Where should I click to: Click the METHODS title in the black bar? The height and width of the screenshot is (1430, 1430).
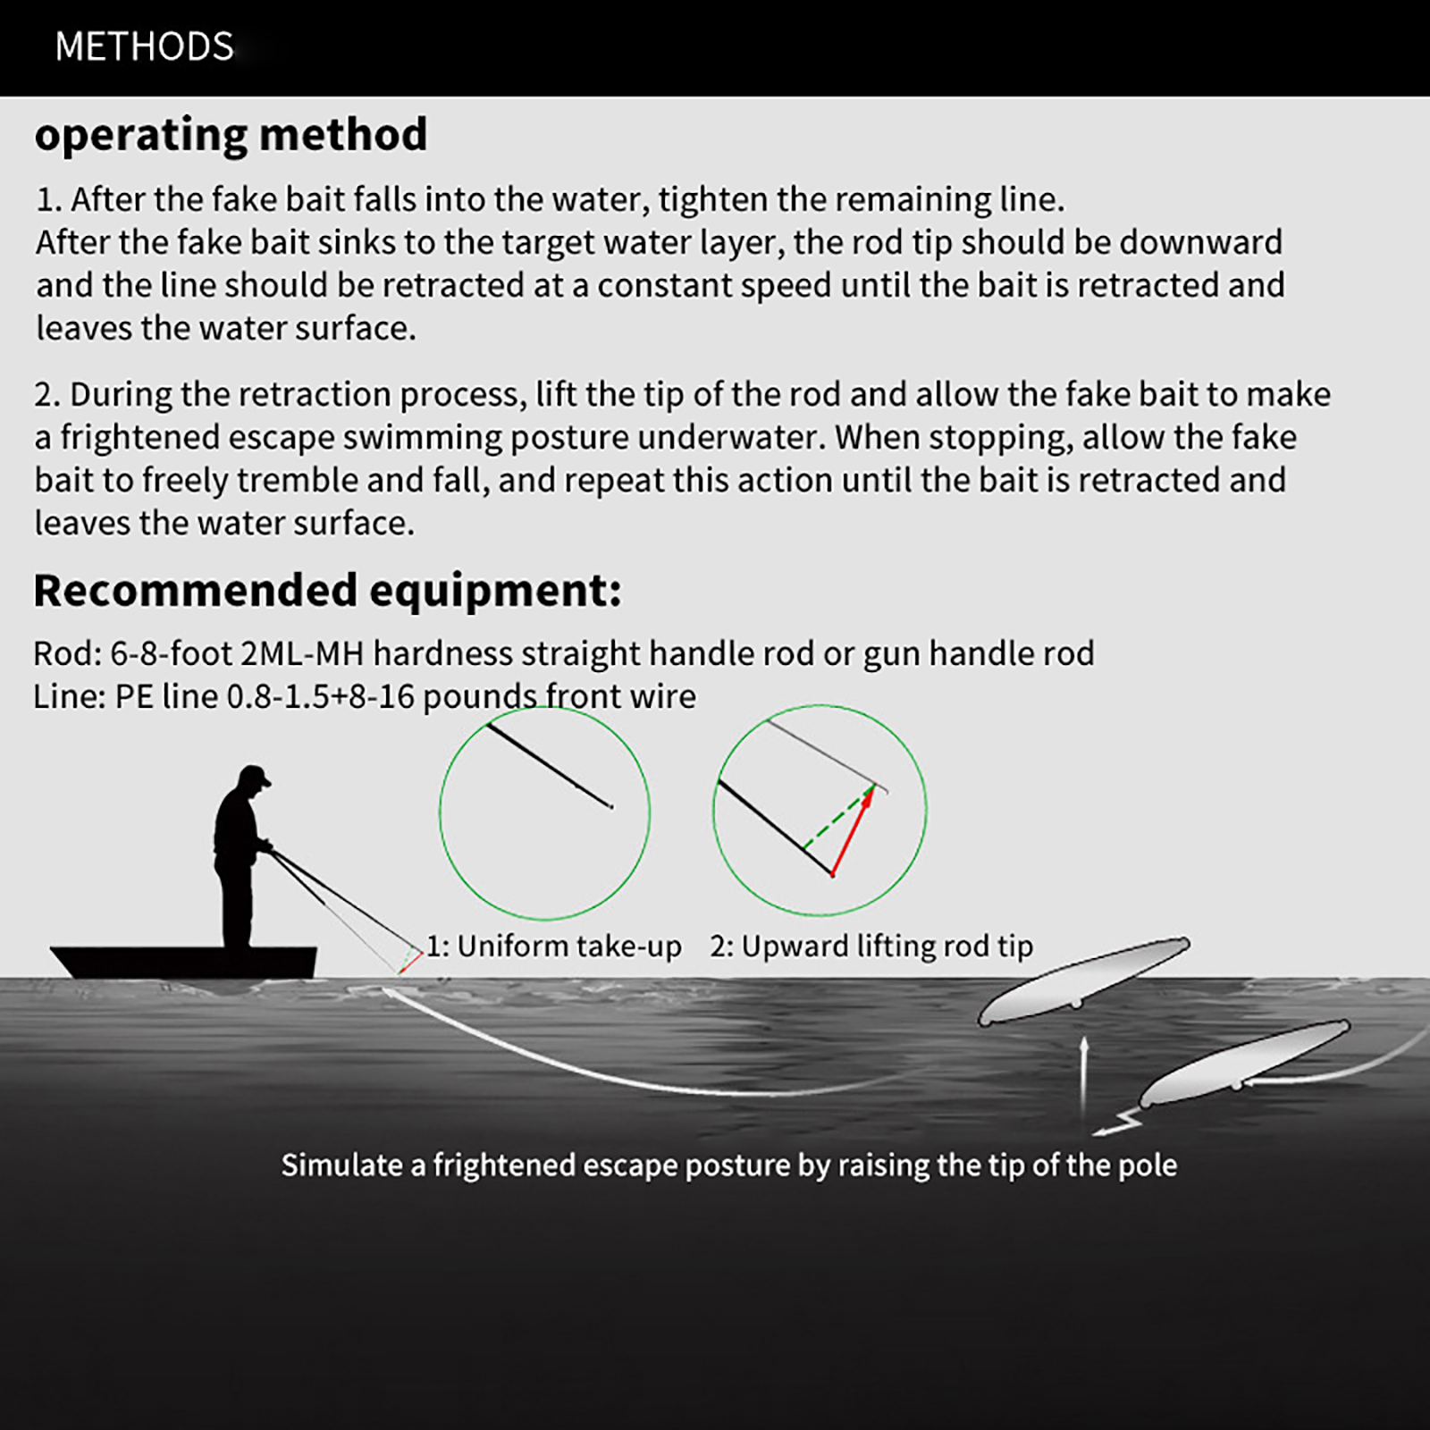click(x=144, y=46)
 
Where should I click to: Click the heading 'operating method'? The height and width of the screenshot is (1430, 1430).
click(x=231, y=135)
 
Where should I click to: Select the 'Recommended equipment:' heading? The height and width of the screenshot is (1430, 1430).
click(x=327, y=591)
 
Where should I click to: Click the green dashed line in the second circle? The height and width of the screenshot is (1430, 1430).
click(x=837, y=818)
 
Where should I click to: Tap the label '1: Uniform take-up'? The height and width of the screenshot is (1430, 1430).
click(x=553, y=946)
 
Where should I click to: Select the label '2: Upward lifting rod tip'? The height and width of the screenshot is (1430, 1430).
click(x=871, y=946)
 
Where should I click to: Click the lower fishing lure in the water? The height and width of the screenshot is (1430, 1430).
click(x=1244, y=1064)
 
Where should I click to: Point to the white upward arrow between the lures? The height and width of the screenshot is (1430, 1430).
click(x=1083, y=1072)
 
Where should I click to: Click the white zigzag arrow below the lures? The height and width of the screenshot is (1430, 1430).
click(x=1117, y=1124)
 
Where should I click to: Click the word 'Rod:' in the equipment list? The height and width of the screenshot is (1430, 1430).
click(x=67, y=654)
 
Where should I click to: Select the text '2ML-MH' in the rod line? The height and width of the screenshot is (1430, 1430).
click(x=302, y=654)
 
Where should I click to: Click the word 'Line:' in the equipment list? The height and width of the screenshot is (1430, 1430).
click(x=69, y=697)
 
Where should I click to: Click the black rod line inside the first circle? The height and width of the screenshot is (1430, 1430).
click(x=549, y=766)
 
